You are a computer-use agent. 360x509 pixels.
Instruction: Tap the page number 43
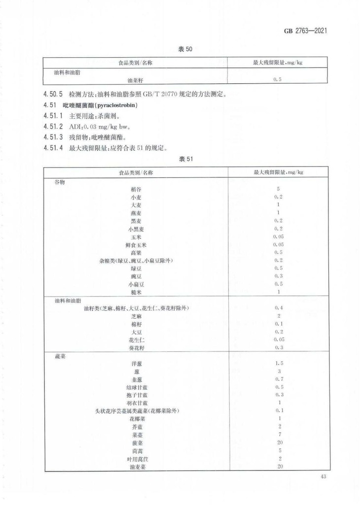click(324, 476)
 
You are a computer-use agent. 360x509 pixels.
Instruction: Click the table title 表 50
click(184, 49)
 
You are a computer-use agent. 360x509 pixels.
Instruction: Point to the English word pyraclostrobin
click(114, 105)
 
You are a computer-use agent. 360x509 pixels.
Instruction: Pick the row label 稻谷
click(136, 189)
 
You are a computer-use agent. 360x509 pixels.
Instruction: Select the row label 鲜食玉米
click(136, 244)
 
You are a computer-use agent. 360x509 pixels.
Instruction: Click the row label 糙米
click(136, 292)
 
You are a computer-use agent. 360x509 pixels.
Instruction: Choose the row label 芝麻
click(136, 316)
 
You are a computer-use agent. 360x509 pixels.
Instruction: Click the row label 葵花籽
click(136, 348)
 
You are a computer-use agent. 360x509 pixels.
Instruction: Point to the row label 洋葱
click(136, 364)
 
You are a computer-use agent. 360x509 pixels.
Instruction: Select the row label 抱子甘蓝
click(136, 395)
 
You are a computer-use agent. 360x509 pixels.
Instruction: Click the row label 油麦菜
click(136, 467)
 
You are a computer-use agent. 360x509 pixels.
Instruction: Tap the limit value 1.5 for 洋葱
click(279, 364)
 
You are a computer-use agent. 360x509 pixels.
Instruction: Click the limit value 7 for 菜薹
click(279, 435)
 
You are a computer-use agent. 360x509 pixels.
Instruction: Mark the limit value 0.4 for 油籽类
click(279, 308)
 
